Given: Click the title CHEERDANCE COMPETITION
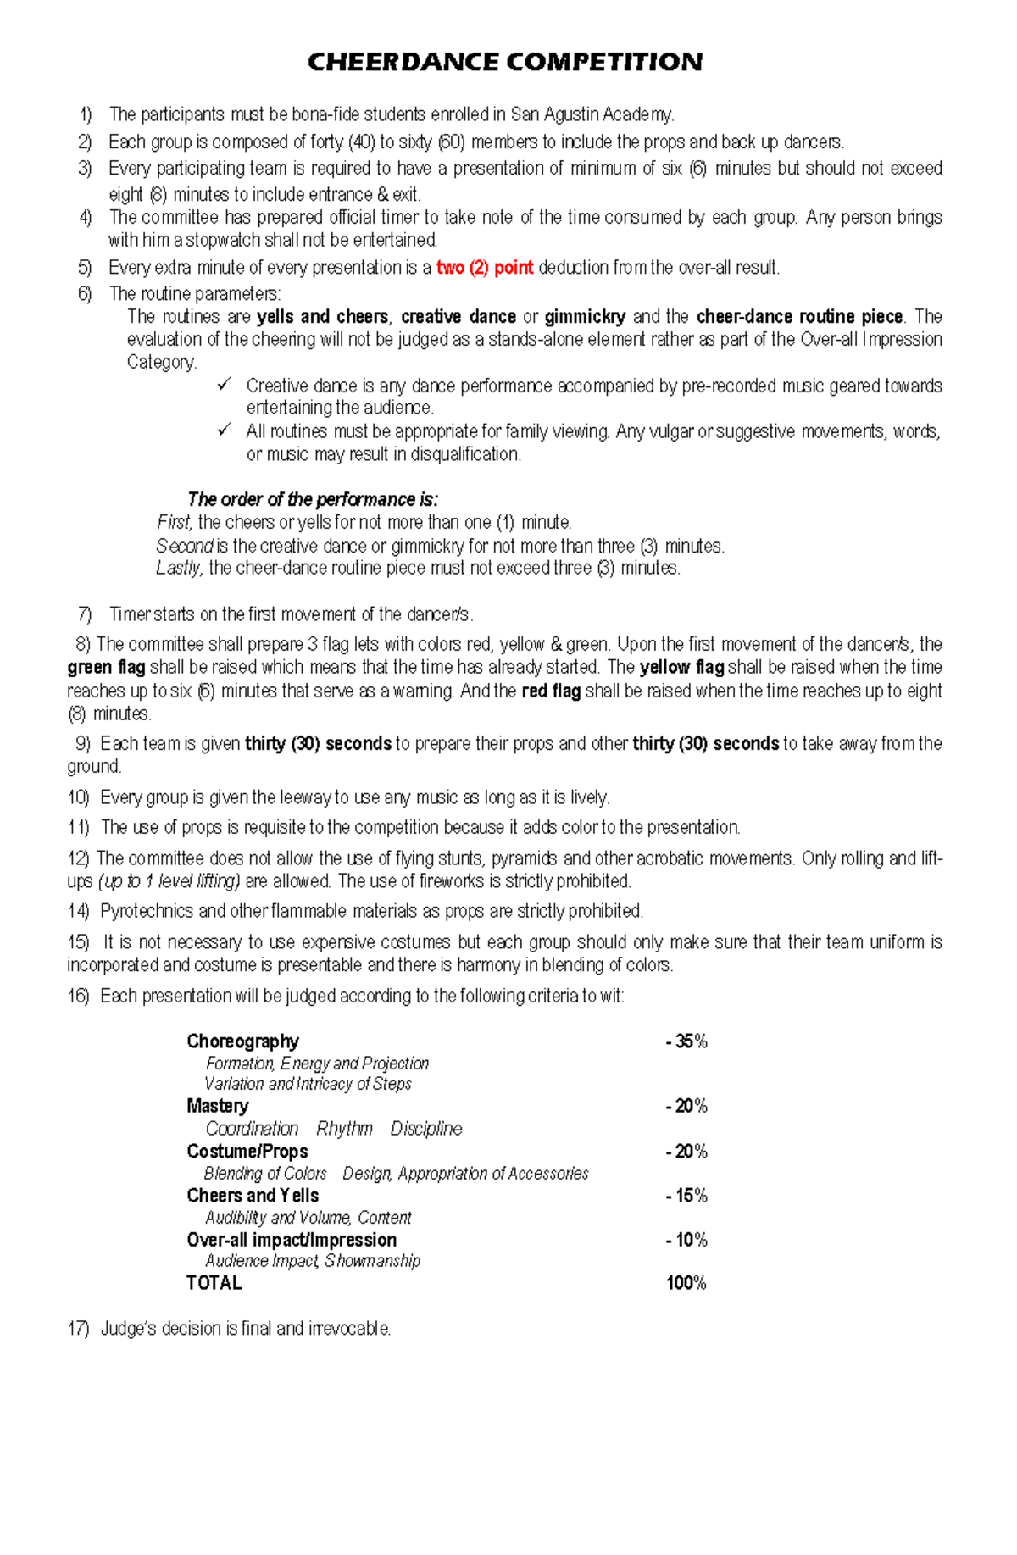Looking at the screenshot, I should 505,62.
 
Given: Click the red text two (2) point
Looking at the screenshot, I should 485,268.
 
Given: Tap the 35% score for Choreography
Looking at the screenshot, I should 686,1041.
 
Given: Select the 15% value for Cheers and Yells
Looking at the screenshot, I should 686,1196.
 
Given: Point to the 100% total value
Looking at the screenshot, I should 686,1283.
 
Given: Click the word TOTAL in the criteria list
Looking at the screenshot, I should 214,1283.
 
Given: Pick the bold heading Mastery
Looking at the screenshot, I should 218,1106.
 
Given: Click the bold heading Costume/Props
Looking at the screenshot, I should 247,1152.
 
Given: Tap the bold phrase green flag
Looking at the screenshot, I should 106,668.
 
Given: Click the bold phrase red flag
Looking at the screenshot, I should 551,691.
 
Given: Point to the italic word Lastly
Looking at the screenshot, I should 179,568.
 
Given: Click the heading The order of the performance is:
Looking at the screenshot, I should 313,499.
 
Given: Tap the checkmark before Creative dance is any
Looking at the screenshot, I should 225,385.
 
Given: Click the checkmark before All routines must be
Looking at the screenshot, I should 225,430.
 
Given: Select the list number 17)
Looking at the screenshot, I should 79,1329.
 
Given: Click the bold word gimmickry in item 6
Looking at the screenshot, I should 585,317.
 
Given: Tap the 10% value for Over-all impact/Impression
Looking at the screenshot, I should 686,1240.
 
